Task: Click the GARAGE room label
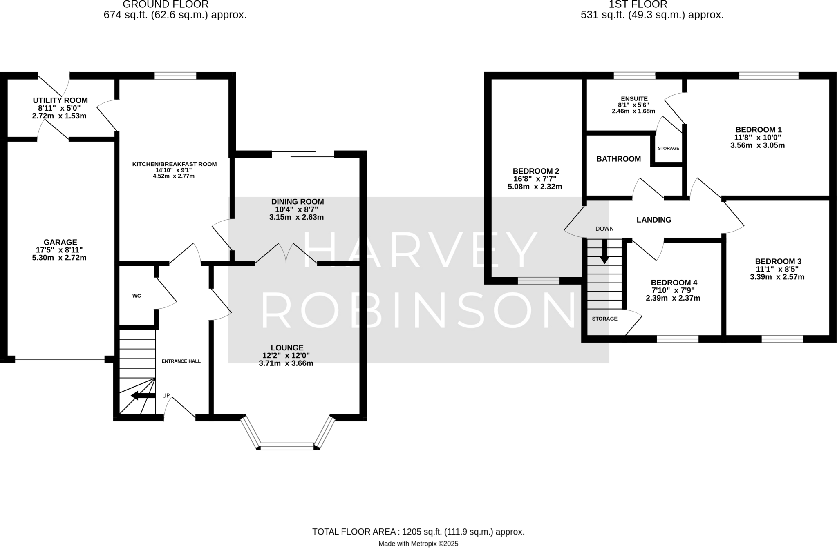coord(60,242)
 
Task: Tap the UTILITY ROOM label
coord(60,100)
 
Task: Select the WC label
coord(137,296)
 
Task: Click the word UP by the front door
coord(166,395)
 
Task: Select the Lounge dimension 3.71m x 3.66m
coord(286,363)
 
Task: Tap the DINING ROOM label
coord(297,202)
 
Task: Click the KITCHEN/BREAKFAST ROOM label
coord(174,164)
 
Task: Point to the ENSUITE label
coord(634,99)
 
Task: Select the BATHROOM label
coord(618,159)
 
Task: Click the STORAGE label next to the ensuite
coord(668,148)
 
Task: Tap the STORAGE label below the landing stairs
coord(604,319)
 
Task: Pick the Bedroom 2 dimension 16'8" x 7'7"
coord(535,179)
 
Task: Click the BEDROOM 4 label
coord(674,283)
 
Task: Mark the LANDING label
coord(653,220)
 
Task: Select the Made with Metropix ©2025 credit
coord(418,544)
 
